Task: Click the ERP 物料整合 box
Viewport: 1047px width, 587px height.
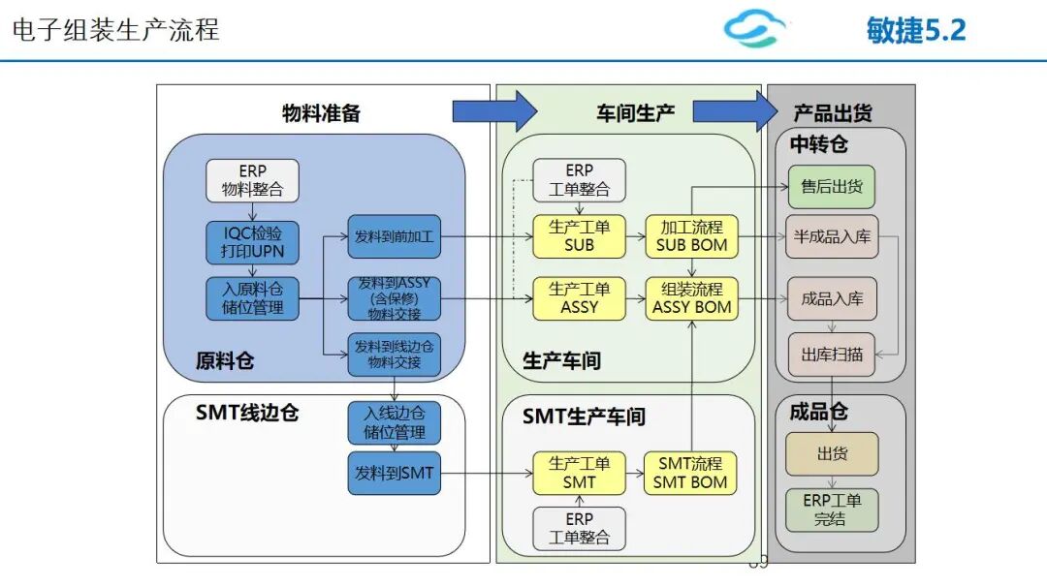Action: [x=252, y=180]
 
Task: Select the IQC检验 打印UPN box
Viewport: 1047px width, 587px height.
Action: [x=252, y=243]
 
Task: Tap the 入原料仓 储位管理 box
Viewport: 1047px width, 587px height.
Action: [x=252, y=298]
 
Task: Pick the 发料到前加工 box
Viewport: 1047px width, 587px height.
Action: [x=394, y=236]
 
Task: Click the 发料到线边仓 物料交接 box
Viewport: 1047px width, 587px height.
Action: [x=394, y=355]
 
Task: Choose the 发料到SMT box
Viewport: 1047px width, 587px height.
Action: [x=394, y=473]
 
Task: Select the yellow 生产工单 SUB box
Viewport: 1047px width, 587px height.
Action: [x=579, y=236]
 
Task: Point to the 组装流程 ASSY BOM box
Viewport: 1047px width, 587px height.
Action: [x=692, y=298]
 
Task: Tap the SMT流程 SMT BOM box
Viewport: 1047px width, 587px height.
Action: [x=690, y=473]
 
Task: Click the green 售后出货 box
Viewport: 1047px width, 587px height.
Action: [x=832, y=187]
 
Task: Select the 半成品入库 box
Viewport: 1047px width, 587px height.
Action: [x=832, y=236]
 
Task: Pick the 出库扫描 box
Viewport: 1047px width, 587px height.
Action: [x=832, y=355]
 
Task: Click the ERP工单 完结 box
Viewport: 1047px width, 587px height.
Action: [x=832, y=510]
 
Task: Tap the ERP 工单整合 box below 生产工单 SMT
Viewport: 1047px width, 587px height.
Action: [x=579, y=528]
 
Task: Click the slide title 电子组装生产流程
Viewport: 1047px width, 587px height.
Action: [x=115, y=30]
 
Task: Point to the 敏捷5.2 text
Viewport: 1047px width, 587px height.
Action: [x=916, y=31]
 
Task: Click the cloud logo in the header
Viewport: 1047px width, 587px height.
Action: [x=754, y=28]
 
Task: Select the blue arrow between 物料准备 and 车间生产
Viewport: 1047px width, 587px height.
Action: [x=494, y=110]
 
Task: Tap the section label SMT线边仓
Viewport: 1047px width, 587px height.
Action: [x=247, y=413]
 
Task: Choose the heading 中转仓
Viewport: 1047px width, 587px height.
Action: [x=818, y=144]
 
